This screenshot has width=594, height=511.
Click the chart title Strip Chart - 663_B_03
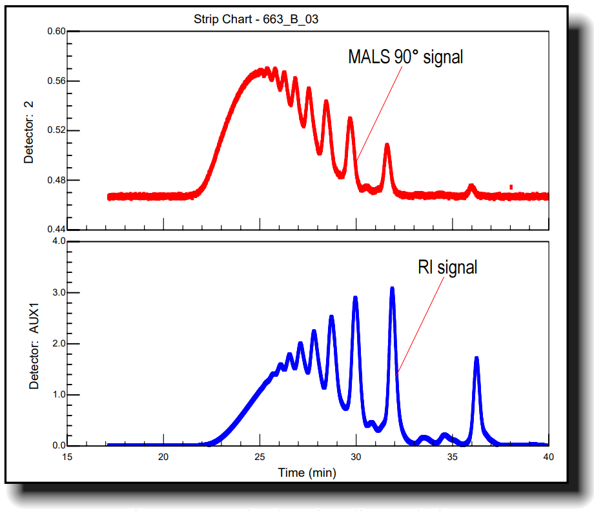tap(256, 19)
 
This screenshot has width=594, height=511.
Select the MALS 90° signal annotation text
tap(405, 57)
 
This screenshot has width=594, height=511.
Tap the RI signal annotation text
tap(447, 266)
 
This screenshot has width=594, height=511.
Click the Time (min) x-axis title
tap(307, 472)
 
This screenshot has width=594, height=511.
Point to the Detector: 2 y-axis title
tap(28, 130)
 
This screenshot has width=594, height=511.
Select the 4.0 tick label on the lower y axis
tap(58, 241)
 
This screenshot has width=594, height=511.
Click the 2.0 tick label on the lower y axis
tap(58, 344)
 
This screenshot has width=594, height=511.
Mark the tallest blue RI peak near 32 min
tap(392, 290)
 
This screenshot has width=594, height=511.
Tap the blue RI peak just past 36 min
tap(476, 359)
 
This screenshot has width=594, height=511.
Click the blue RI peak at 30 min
tap(355, 299)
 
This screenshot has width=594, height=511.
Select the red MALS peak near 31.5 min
tap(387, 146)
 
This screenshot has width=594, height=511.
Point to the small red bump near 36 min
tap(471, 188)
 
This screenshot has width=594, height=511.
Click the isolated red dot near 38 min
tap(511, 187)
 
